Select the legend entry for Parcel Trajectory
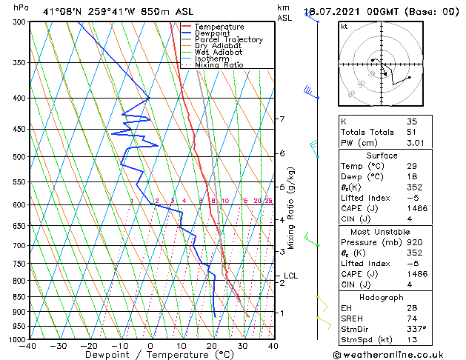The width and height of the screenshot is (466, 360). pyautogui.click(x=228, y=40)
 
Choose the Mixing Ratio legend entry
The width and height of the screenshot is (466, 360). pyautogui.click(x=222, y=65)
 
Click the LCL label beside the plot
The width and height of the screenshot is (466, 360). pyautogui.click(x=291, y=276)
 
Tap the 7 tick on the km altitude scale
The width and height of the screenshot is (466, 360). pyautogui.click(x=282, y=119)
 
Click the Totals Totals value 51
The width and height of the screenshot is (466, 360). pyautogui.click(x=411, y=133)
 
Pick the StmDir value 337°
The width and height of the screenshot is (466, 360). pyautogui.click(x=417, y=329)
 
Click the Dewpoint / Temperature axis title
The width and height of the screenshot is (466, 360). pyautogui.click(x=150, y=355)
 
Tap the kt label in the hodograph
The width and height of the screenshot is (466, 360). pyautogui.click(x=344, y=27)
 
